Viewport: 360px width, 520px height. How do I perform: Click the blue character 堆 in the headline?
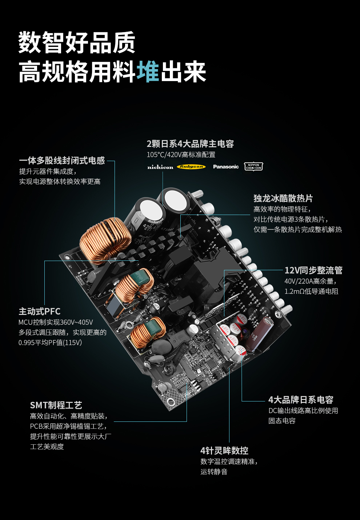pos(148,72)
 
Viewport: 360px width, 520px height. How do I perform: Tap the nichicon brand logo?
pos(160,167)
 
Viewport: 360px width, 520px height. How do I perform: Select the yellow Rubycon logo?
pos(191,167)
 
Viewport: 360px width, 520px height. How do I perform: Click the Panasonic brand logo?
pos(226,167)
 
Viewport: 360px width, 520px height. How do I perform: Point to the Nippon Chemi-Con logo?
pos(253,167)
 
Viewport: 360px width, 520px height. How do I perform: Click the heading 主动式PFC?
pos(40,311)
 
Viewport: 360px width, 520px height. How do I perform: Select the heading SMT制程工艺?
pos(56,405)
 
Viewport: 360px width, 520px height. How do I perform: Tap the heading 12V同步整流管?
pos(313,270)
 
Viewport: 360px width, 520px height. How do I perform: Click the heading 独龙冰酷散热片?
pos(283,198)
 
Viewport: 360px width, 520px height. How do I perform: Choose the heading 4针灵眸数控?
pos(224,451)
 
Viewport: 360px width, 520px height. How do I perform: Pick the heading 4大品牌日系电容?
pos(301,400)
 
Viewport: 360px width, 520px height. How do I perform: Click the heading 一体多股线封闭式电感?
pos(62,160)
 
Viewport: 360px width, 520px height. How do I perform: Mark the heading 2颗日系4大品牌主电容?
pos(190,144)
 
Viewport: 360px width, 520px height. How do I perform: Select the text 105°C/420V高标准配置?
pos(181,155)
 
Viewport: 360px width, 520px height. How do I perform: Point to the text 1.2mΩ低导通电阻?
pos(311,291)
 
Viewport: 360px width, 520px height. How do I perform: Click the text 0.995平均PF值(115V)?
pos(50,343)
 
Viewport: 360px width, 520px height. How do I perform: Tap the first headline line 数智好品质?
pos(77,43)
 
